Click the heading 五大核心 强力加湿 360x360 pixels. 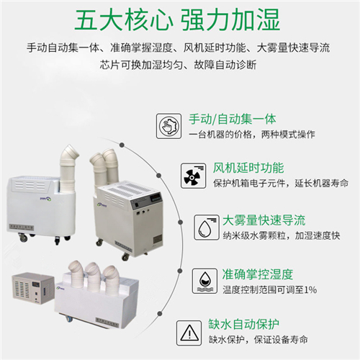[x=180, y=19]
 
